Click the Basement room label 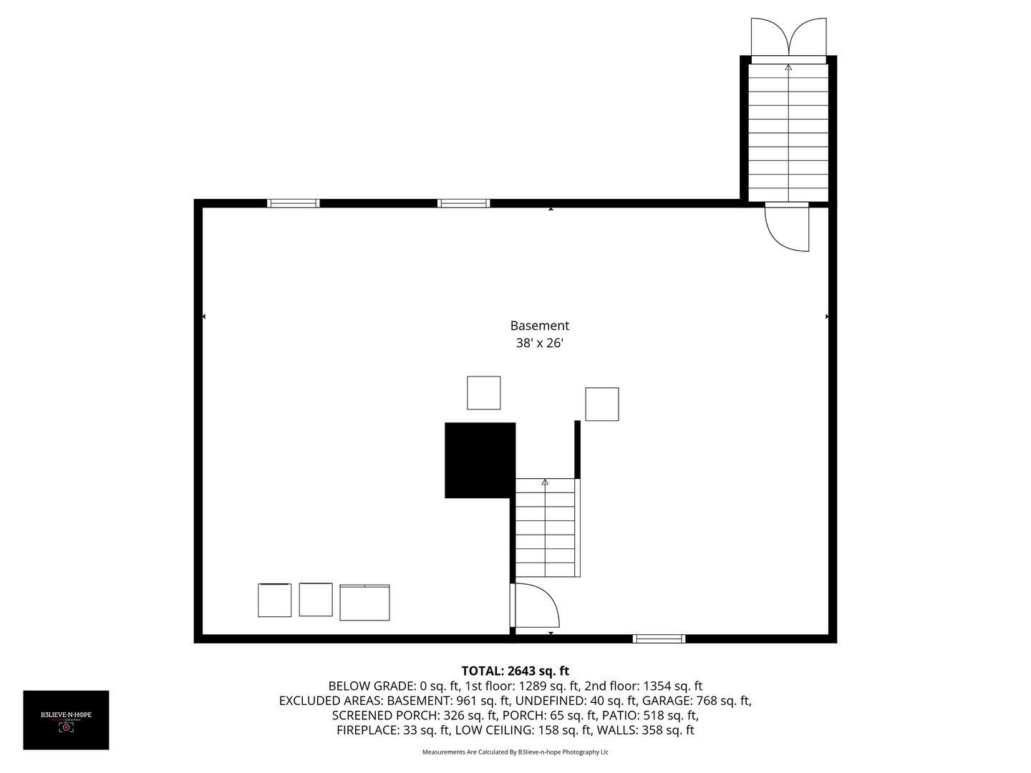539,326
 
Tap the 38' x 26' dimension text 539,343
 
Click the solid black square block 480,460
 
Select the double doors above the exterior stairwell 788,37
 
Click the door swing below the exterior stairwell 787,228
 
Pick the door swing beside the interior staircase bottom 536,606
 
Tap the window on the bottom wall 659,638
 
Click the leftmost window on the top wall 293,203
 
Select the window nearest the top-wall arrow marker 463,203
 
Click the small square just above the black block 483,393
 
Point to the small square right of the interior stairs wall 601,404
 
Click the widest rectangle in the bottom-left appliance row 364,603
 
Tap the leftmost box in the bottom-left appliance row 274,600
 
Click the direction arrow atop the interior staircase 545,482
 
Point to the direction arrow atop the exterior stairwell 788,67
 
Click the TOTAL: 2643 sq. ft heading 515,671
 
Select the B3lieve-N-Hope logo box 66,720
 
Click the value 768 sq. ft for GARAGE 721,701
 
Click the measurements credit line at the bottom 515,752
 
